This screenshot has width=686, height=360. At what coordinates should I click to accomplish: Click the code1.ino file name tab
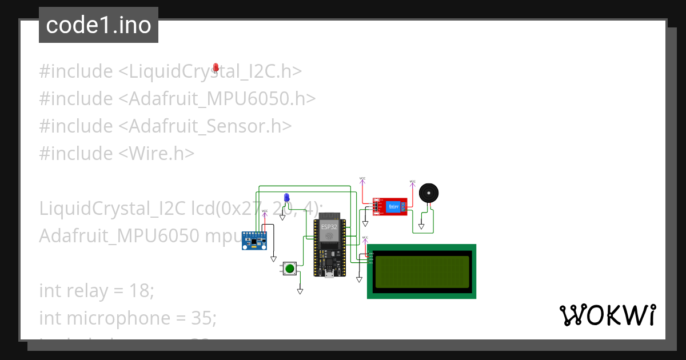pos(98,25)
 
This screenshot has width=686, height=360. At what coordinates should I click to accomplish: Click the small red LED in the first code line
pos(216,68)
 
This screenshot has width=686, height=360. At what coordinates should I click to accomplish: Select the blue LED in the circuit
pos(286,198)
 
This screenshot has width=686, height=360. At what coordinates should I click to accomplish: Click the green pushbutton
pos(290,268)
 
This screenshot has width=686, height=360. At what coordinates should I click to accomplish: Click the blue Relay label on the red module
pos(393,206)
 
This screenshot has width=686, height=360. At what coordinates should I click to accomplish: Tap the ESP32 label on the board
pos(329,227)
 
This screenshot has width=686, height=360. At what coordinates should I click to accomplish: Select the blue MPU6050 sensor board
pos(255,240)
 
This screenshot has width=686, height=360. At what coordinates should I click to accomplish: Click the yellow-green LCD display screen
pos(421,271)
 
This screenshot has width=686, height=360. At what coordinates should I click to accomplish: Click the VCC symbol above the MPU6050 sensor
pos(265,212)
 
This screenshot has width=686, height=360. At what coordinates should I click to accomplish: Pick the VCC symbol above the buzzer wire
pos(413,183)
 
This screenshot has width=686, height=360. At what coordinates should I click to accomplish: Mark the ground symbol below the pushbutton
pos(300,291)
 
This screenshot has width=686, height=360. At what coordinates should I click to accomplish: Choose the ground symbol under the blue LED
pos(282,217)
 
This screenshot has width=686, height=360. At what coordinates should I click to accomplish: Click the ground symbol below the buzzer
pos(421,226)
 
